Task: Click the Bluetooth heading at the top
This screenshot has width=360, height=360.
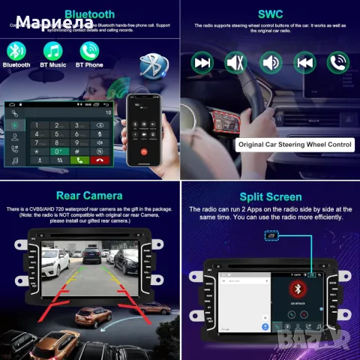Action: pyautogui.click(x=90, y=13)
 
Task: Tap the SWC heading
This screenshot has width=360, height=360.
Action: pyautogui.click(x=270, y=13)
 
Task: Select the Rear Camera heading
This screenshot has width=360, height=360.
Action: pyautogui.click(x=90, y=196)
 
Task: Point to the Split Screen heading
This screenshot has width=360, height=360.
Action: pyautogui.click(x=270, y=196)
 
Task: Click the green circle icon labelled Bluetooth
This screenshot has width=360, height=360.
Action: pyautogui.click(x=16, y=50)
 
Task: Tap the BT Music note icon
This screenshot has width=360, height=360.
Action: pyautogui.click(x=52, y=50)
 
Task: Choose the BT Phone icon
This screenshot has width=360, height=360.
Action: pyautogui.click(x=90, y=50)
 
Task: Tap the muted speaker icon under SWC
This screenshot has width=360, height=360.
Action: pyautogui.click(x=236, y=61)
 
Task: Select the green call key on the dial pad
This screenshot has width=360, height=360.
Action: pyautogui.click(x=78, y=159)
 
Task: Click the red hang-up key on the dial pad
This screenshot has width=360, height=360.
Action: pyautogui.click(x=99, y=159)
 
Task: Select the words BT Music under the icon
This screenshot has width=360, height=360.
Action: pyautogui.click(x=52, y=65)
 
